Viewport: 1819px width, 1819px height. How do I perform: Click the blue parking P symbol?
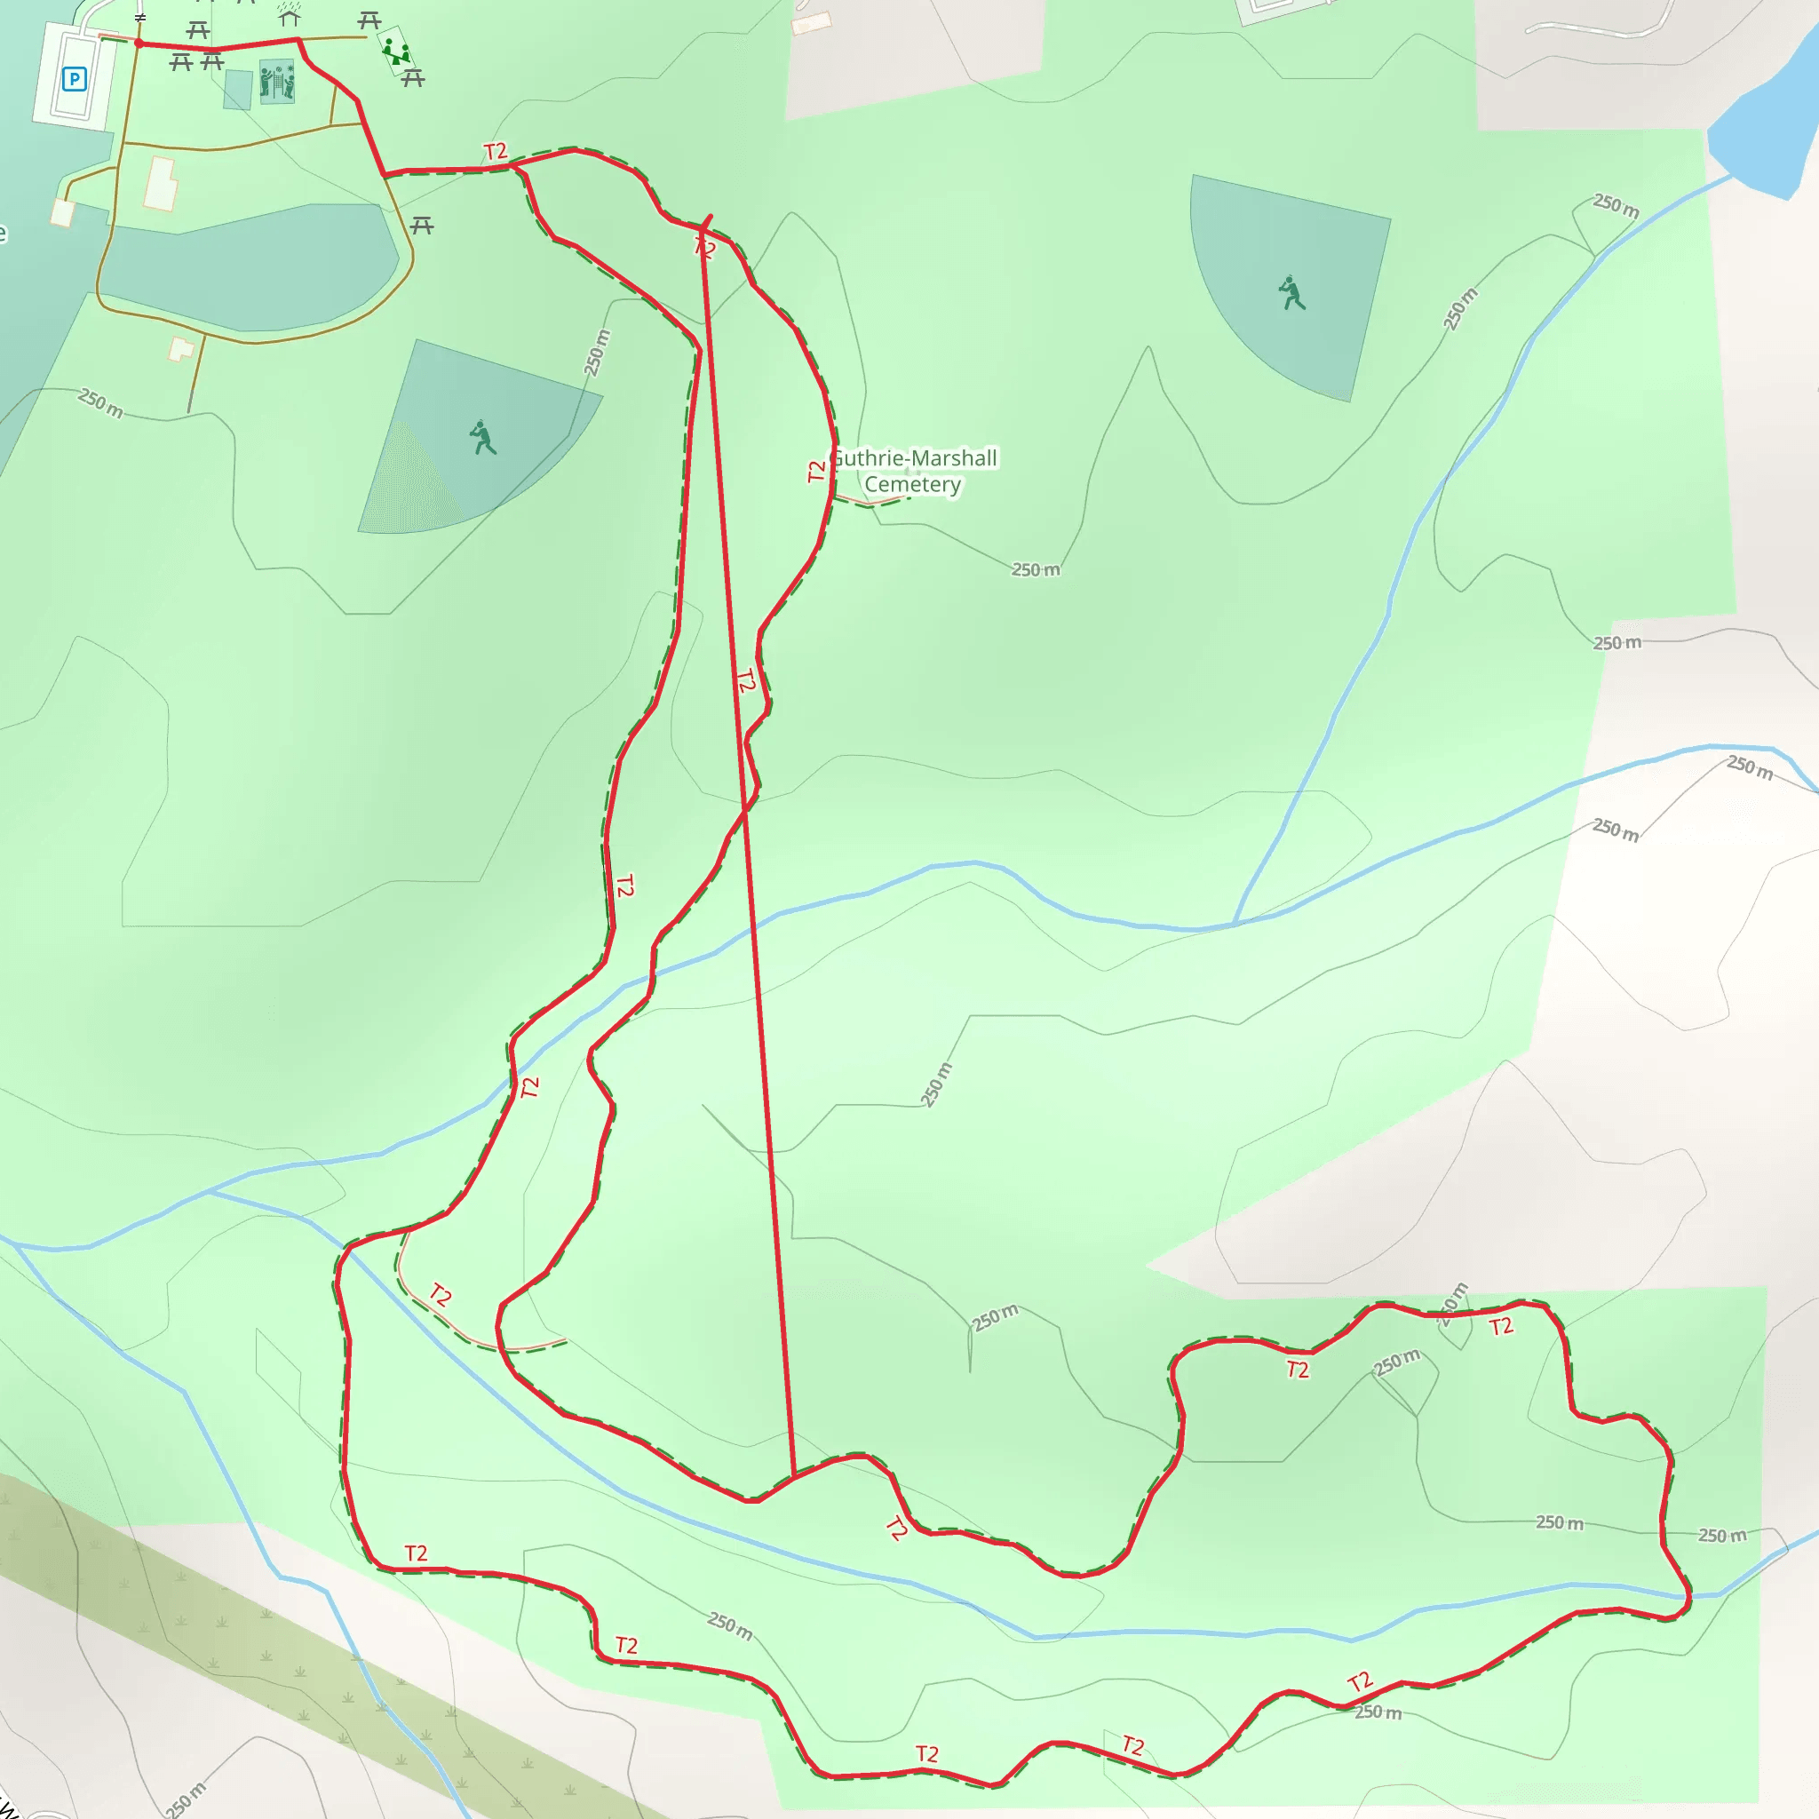74,79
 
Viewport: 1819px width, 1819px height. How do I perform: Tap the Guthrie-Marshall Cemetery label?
914,472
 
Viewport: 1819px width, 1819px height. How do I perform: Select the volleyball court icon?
277,82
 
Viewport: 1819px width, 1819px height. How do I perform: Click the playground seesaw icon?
396,51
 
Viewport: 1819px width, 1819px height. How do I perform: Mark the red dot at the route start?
139,44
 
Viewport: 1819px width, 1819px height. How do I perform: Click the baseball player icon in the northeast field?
1291,293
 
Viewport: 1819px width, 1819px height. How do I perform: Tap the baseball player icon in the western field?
483,438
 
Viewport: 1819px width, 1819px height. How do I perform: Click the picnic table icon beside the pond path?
422,225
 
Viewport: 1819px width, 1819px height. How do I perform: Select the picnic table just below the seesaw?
413,79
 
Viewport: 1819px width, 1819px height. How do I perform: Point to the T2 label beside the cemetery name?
816,471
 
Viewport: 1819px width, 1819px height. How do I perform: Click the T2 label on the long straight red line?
746,680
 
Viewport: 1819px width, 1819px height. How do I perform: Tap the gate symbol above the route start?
140,18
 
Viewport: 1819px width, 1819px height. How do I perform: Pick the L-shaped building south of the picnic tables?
161,185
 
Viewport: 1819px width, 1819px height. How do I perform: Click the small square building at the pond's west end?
63,212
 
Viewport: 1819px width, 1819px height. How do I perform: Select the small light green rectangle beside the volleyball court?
238,90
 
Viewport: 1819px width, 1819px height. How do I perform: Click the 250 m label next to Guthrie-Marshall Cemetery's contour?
1036,569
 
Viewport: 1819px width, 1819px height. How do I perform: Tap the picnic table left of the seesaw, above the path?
369,20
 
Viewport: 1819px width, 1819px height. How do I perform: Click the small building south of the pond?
181,349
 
